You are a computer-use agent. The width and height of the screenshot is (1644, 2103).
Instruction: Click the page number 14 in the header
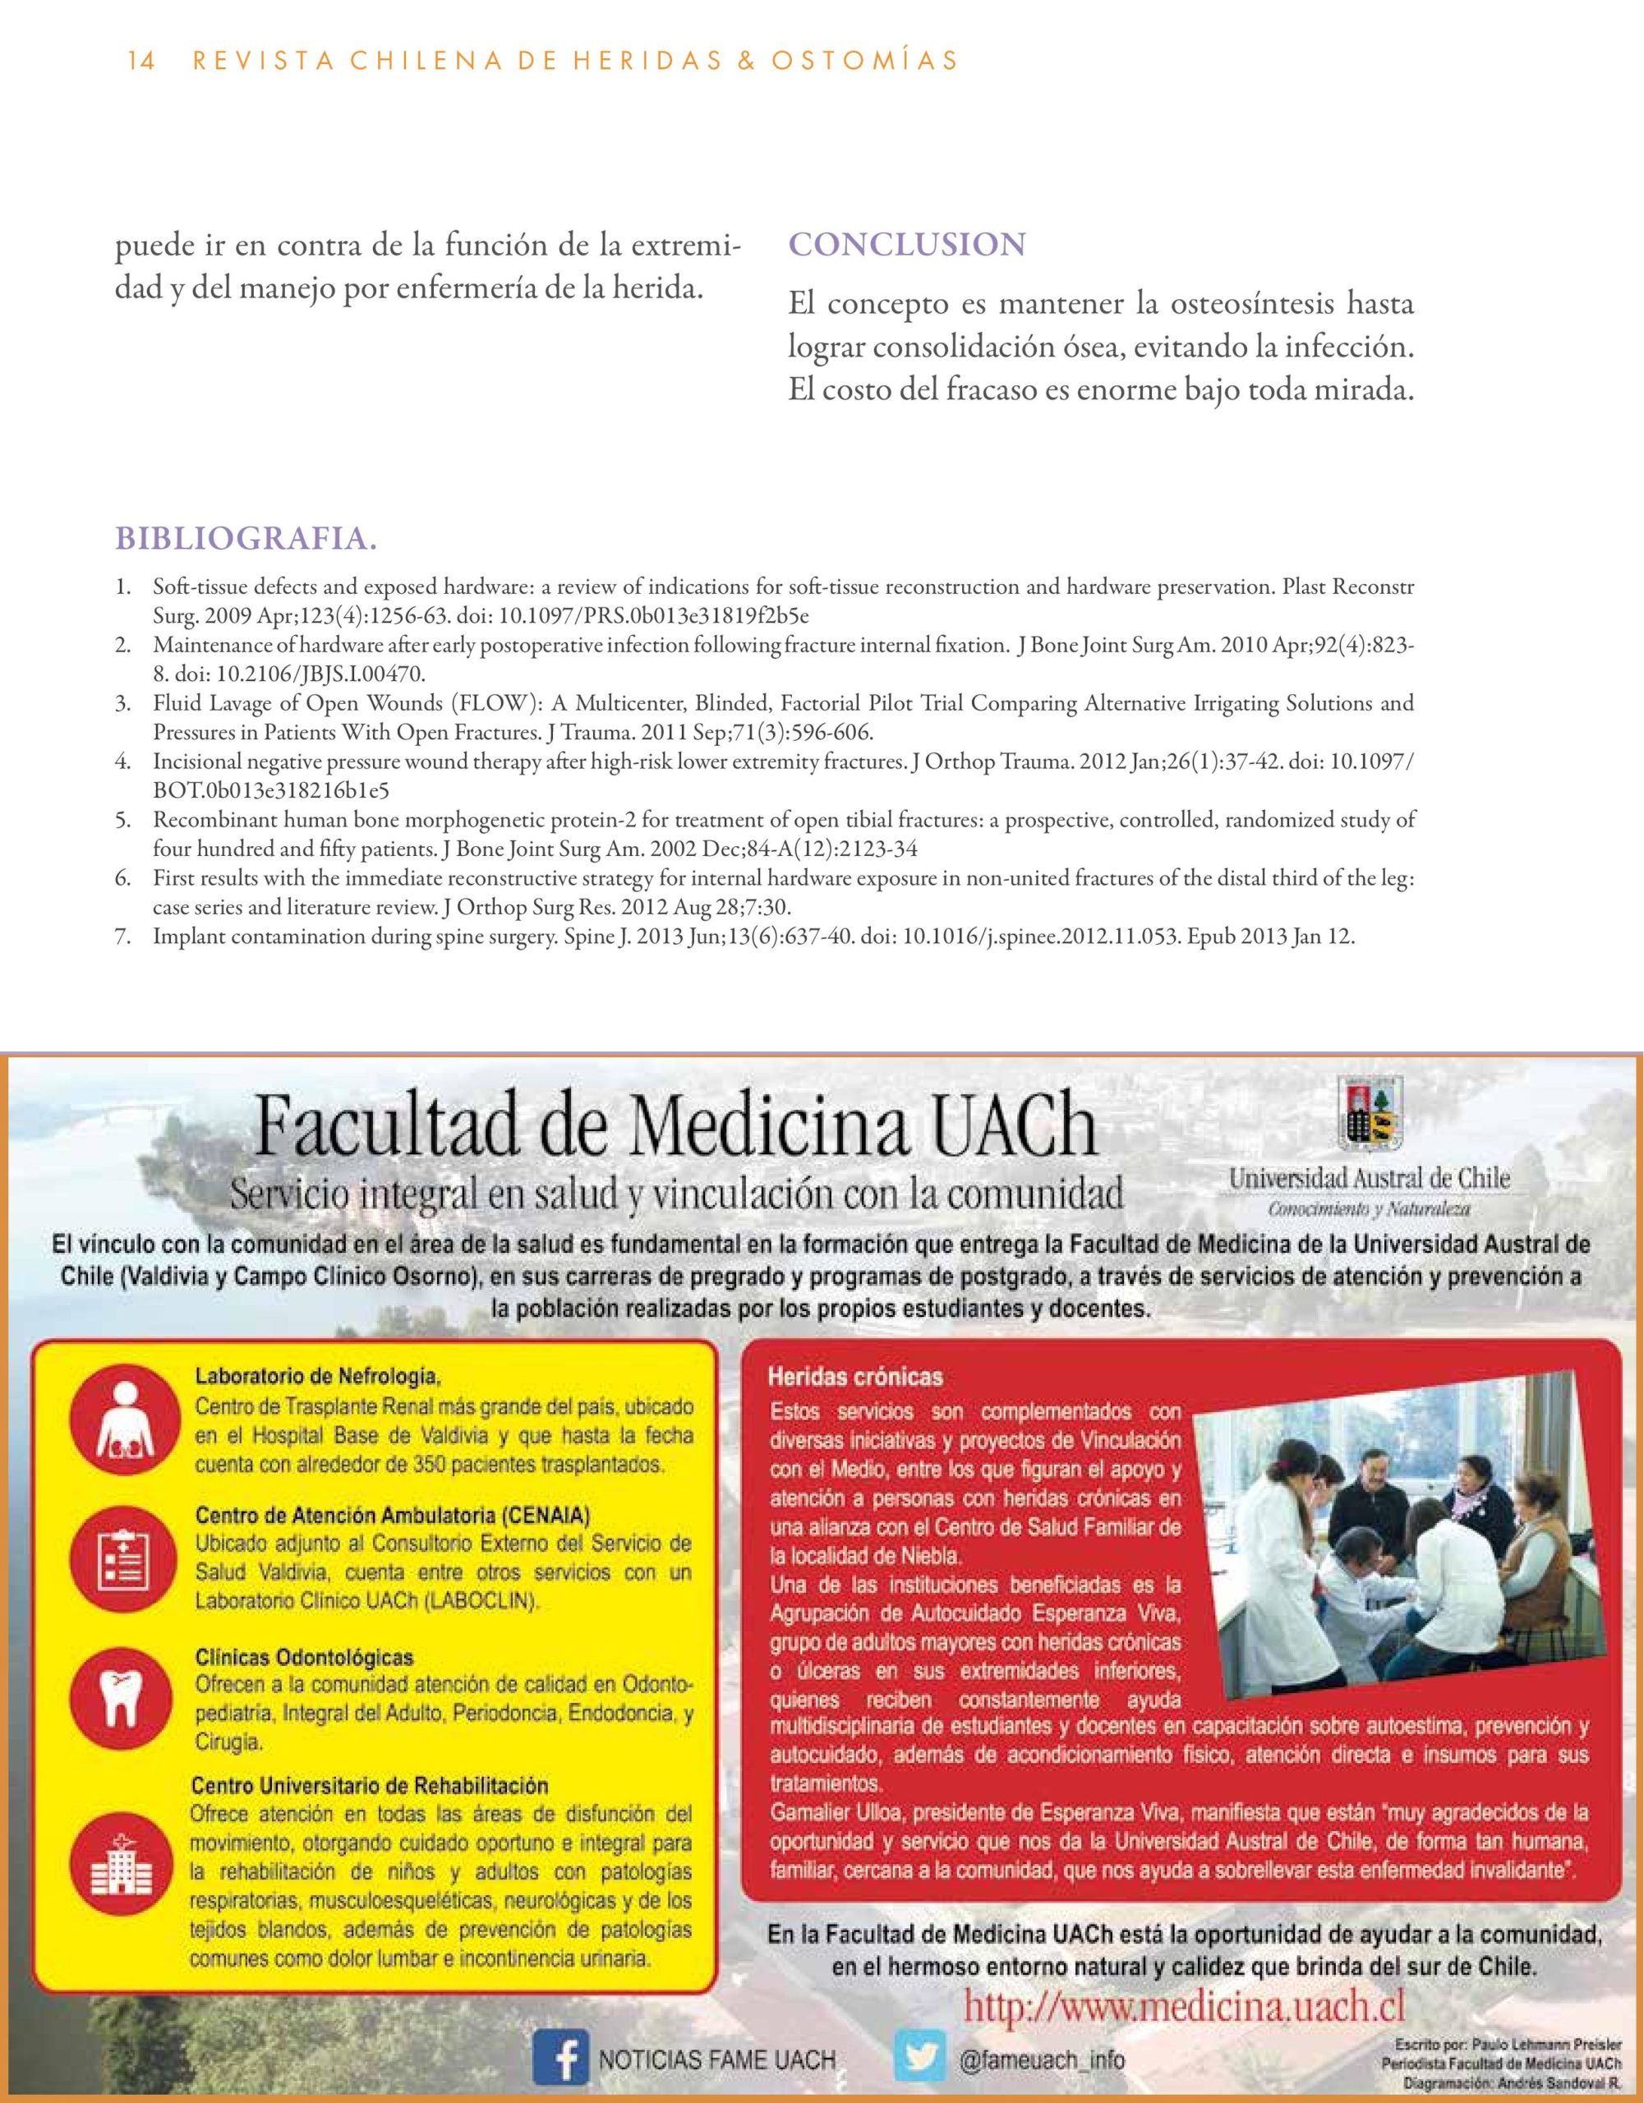pyautogui.click(x=140, y=61)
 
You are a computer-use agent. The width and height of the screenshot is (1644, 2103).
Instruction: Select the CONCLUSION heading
pyautogui.click(x=906, y=245)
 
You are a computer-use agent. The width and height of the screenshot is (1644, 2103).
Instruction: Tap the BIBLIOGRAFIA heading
pyautogui.click(x=246, y=541)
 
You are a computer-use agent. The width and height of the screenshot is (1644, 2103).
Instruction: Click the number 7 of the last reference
pyautogui.click(x=122, y=937)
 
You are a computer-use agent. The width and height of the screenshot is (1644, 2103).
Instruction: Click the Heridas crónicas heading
pyautogui.click(x=854, y=1377)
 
